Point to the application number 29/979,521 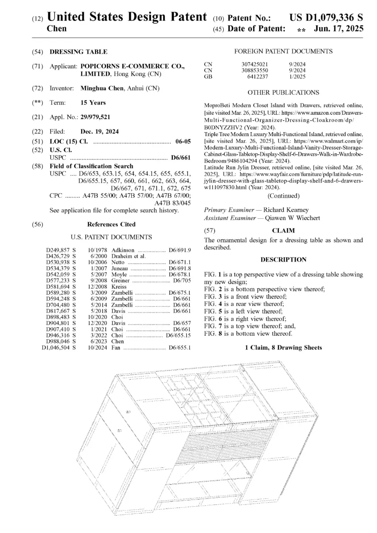[95, 117]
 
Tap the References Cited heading [111, 224]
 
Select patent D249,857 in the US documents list [58, 250]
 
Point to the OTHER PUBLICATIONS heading [283, 92]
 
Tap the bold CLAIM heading [283, 231]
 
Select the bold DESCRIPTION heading [283, 259]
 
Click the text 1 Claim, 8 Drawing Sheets [283, 347]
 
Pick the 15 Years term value [93, 103]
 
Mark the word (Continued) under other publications [283, 196]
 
